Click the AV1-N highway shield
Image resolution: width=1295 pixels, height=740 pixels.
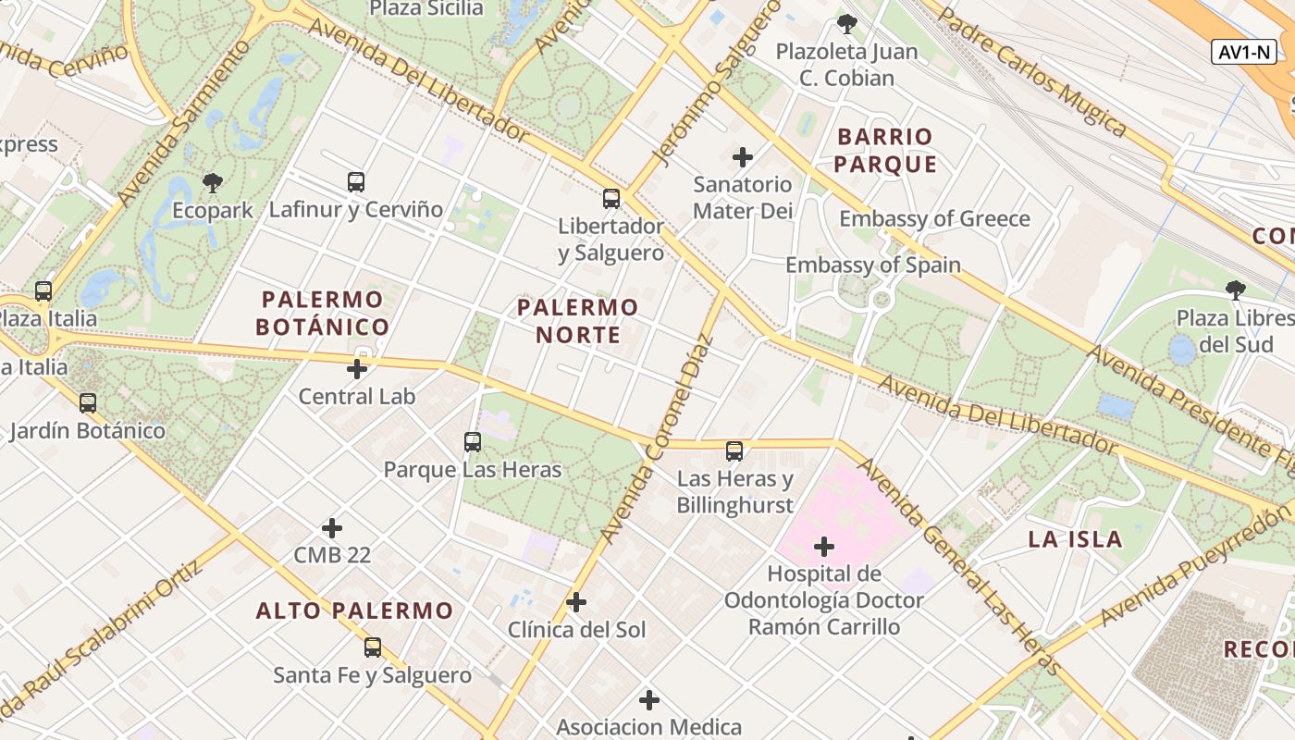tap(1244, 52)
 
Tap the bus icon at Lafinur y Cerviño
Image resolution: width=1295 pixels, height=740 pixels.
tap(356, 182)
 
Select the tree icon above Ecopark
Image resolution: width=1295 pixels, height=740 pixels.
tap(213, 182)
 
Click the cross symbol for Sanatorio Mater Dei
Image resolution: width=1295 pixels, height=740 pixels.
tap(742, 157)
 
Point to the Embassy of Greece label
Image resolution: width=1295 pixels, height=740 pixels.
tap(934, 219)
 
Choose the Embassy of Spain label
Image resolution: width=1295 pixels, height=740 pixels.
tap(873, 265)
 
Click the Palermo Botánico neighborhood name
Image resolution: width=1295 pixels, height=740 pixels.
tap(322, 313)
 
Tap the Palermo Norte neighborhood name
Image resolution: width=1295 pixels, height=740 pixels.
tap(578, 320)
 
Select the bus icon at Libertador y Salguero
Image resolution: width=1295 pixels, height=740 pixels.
tap(610, 198)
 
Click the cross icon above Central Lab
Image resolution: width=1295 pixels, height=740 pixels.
tap(356, 369)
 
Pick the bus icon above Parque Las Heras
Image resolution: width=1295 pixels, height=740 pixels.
tap(473, 442)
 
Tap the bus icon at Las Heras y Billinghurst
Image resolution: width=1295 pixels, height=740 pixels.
tap(734, 451)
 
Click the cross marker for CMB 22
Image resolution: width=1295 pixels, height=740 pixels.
tap(332, 528)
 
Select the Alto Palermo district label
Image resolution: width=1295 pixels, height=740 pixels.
tap(354, 610)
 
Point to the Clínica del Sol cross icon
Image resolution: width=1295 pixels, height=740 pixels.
tap(576, 602)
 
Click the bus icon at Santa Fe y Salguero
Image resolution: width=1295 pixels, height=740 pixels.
tap(373, 647)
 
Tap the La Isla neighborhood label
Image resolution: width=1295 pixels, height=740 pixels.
tap(1075, 539)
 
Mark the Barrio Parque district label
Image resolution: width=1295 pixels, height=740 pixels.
tap(886, 151)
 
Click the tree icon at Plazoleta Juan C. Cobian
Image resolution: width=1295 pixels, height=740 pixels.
tap(846, 24)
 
